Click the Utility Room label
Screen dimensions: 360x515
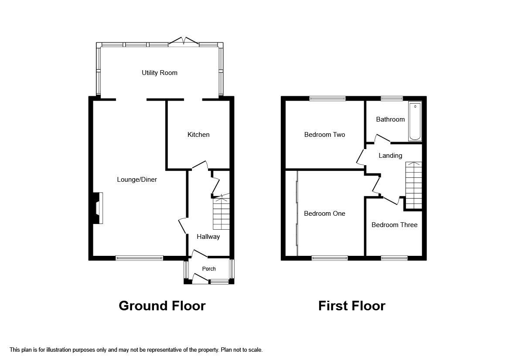point(160,73)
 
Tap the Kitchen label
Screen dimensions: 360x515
point(198,135)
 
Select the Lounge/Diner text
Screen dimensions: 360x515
point(137,180)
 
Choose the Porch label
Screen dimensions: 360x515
point(209,269)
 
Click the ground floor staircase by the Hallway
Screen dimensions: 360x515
point(221,213)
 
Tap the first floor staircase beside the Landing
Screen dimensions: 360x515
point(414,185)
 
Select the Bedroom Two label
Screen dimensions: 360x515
point(324,135)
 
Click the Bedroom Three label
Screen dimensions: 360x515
point(394,225)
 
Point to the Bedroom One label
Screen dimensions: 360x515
point(324,214)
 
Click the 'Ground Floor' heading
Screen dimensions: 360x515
point(162,306)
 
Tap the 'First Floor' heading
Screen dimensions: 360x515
point(351,306)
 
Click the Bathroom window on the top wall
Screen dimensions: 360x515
point(392,98)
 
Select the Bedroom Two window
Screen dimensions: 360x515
point(327,98)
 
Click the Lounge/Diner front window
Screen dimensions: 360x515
point(139,258)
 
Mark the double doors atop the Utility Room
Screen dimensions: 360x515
point(184,42)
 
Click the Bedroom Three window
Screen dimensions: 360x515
point(394,258)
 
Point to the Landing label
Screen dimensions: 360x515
point(390,156)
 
